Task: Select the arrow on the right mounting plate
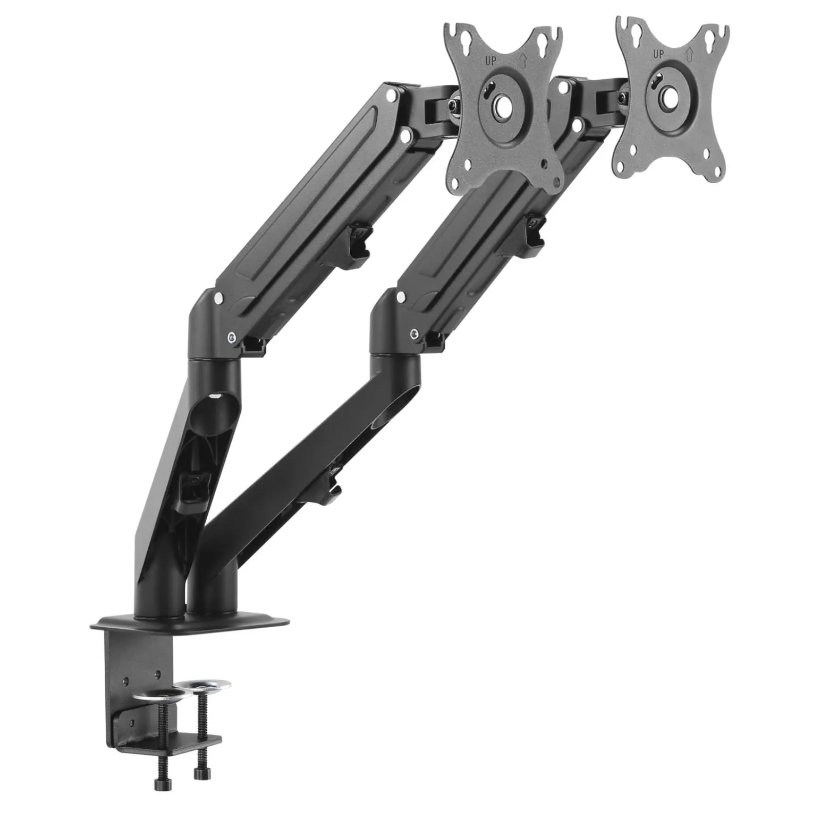pos(689,54)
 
